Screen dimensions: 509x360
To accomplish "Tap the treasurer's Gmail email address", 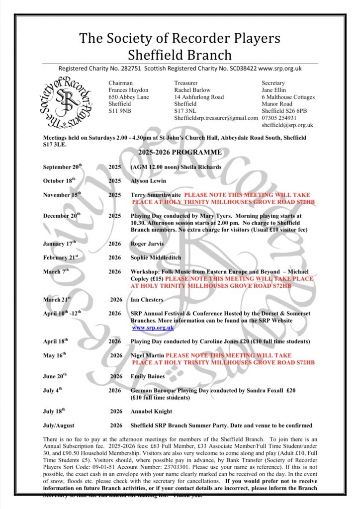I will coord(216,118).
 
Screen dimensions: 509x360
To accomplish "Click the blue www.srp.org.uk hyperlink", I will coord(153,328).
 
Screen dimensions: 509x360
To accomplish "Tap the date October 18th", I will coord(59,181).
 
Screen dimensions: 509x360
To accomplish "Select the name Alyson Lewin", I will coord(148,181).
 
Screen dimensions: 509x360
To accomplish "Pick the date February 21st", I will coord(61,257).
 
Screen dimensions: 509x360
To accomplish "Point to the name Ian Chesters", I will coord(147,300).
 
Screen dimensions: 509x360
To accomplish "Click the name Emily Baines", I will coord(148,376).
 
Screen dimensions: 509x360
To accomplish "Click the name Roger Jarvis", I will coord(148,244).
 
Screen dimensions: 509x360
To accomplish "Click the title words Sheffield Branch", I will coord(180,54).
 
